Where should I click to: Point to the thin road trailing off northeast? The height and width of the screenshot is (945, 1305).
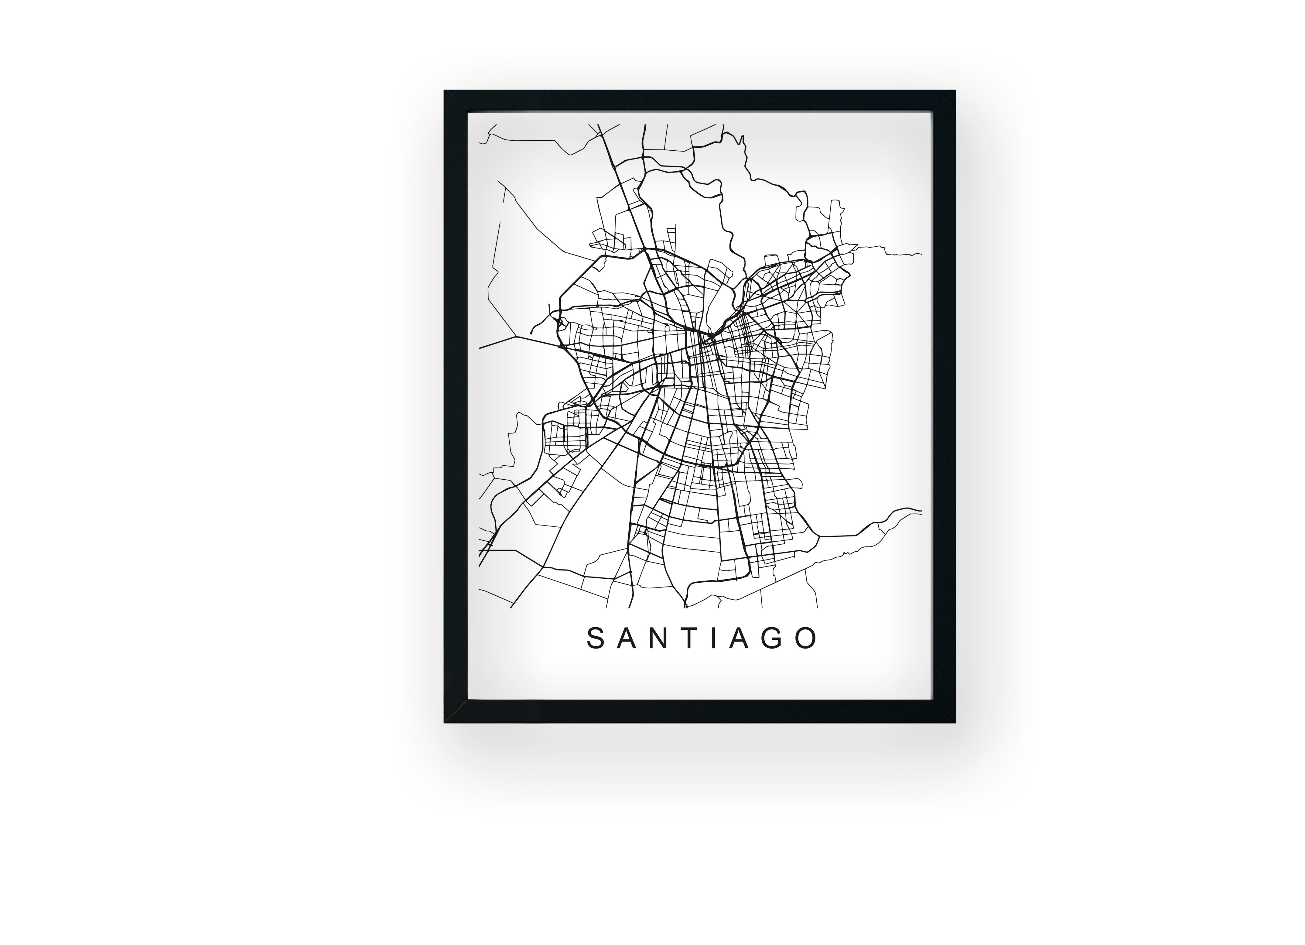click(892, 252)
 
